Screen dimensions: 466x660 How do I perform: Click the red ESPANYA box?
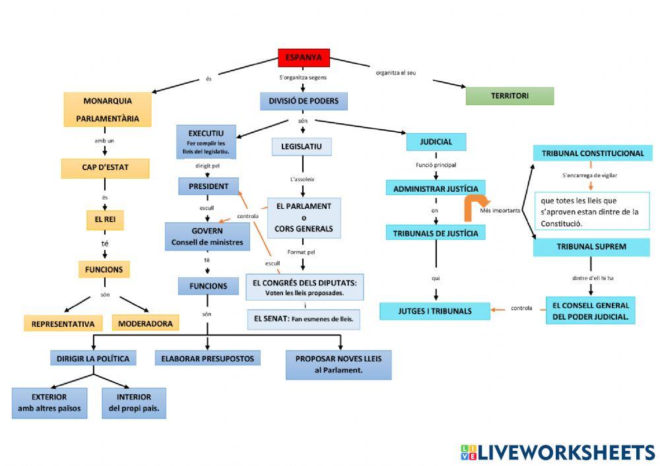pos(304,58)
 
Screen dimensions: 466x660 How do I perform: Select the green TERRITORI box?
pos(510,96)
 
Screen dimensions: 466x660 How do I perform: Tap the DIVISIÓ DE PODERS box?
pos(304,101)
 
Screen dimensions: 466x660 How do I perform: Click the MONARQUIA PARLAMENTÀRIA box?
pos(107,109)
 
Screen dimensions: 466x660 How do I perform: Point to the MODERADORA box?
pos(145,323)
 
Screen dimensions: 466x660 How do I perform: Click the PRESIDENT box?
pos(208,187)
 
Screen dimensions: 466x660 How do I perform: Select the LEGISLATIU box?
pos(301,146)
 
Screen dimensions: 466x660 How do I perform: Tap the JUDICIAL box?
pos(436,142)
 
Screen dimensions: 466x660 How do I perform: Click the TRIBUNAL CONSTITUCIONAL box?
pos(592,154)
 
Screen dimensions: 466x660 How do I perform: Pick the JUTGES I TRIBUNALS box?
pos(435,311)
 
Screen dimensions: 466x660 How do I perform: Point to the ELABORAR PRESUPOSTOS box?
pos(208,359)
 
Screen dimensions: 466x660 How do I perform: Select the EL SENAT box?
pos(304,320)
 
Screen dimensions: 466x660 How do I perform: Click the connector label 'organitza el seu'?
pos(396,72)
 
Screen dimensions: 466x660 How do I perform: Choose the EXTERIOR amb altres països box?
pos(49,403)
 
